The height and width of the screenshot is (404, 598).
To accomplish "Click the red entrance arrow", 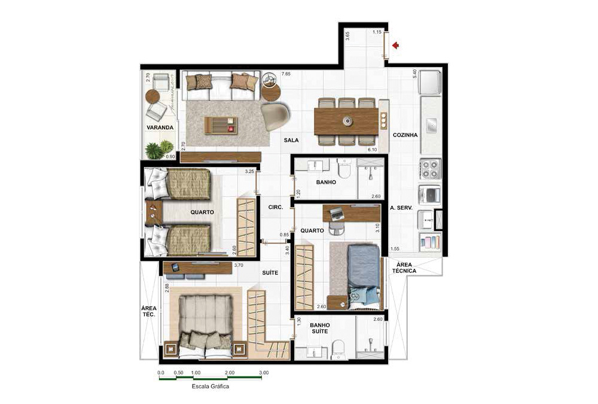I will pos(395,45).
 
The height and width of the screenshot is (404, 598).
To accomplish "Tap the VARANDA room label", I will pos(160,127).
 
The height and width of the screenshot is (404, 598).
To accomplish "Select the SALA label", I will pos(292,140).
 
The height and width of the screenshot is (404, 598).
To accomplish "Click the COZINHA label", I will pos(405,135).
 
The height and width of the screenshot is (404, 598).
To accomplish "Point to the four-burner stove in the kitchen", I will pos(430,169).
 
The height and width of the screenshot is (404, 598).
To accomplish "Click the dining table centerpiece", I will pos(347,121).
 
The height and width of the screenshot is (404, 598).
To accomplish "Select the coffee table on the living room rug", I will pos(221,125).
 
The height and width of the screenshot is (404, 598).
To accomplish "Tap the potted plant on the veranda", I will pos(158,149).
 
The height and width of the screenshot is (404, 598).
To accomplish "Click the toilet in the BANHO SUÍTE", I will pos(339,348).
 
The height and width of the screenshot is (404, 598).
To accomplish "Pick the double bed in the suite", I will pos(206,323).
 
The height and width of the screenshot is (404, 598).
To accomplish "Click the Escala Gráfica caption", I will pos(210,387).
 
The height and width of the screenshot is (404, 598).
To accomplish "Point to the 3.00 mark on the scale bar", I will pos(264,372).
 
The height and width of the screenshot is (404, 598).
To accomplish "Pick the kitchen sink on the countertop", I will pos(430,126).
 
